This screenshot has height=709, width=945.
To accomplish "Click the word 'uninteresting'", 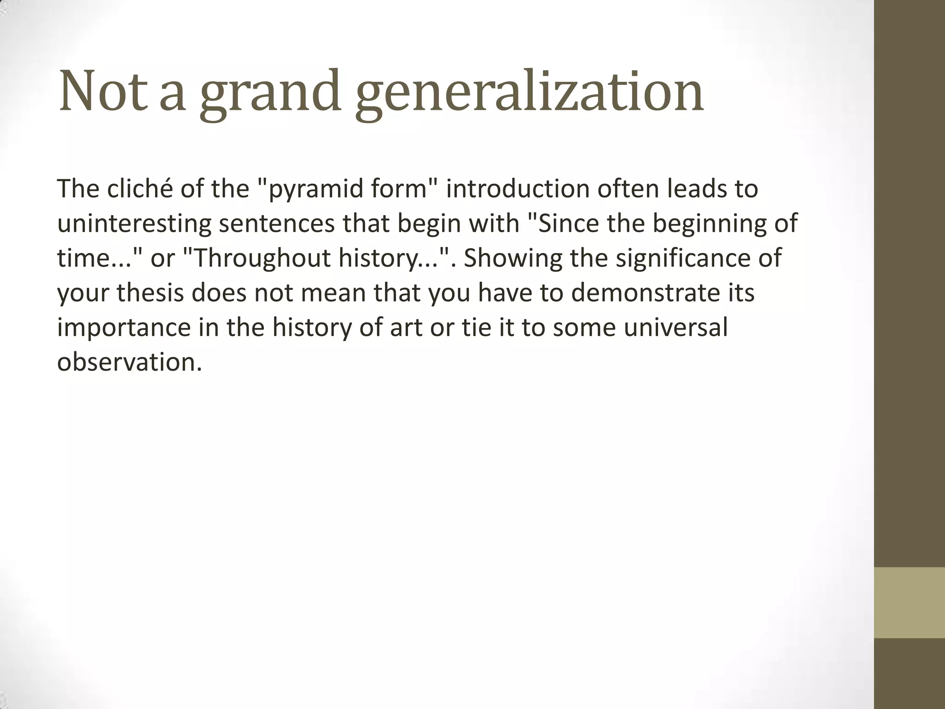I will tap(134, 224).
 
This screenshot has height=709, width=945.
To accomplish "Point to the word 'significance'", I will tap(683, 258).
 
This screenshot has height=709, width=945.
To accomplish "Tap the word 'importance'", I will tap(124, 328).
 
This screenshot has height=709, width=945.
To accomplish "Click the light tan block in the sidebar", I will tap(909, 602).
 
